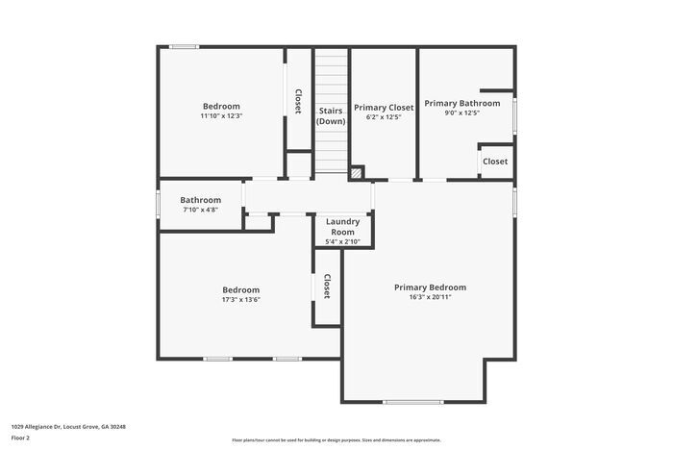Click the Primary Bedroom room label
point(430,287)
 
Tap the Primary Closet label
point(384,108)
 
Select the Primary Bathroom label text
point(462,103)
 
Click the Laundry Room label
point(342,227)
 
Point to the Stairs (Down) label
point(331,116)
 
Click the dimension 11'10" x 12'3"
point(220,116)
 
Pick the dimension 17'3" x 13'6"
point(240,300)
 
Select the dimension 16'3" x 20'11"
point(430,297)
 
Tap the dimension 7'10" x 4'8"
point(200,210)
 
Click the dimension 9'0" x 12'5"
point(461,113)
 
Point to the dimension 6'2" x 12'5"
point(384,118)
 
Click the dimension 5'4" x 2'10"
point(342,242)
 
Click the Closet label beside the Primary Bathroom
point(495,162)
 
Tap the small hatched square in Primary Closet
point(357,174)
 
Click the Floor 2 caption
point(21,437)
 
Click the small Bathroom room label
point(200,200)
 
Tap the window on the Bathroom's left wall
point(159,205)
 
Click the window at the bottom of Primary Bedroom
point(413,402)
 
